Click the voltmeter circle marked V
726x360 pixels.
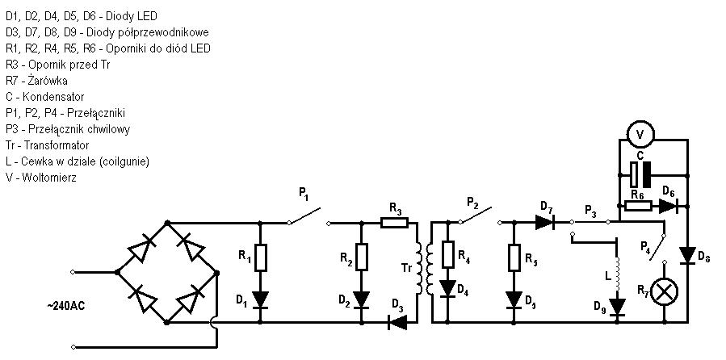(640, 134)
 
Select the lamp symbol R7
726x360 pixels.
(665, 292)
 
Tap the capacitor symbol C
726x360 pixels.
(641, 175)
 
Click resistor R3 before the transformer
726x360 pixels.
(394, 223)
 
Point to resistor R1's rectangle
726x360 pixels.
(260, 258)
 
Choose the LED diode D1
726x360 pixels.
(260, 299)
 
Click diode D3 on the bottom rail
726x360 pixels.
(398, 322)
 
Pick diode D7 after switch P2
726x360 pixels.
(545, 223)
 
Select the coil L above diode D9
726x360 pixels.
(617, 273)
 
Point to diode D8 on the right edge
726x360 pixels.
(687, 255)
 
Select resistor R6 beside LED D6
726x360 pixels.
(638, 206)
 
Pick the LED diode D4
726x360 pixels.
(447, 289)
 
